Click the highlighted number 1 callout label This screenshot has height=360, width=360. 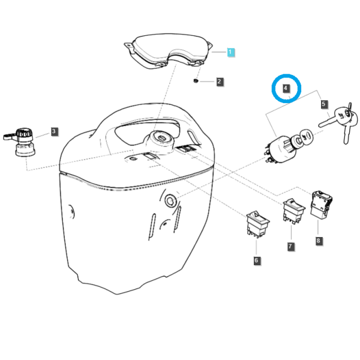[230, 52]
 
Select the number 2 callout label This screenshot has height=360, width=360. [220, 82]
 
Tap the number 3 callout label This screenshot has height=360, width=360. [54, 131]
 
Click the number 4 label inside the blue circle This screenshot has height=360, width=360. [286, 88]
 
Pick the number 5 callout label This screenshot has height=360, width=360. [324, 104]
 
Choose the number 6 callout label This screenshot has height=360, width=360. [256, 260]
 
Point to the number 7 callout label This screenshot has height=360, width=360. [290, 247]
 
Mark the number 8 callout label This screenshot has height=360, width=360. [318, 241]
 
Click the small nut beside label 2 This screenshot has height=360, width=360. [196, 81]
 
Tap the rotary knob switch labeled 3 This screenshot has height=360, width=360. [20, 142]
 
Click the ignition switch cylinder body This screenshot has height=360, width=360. [281, 149]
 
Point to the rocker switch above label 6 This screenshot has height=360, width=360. [257, 224]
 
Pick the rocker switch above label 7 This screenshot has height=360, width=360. [293, 211]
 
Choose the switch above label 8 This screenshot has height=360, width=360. [321, 204]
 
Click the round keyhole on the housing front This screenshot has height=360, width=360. [170, 201]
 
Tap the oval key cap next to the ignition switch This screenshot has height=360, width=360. [306, 136]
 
